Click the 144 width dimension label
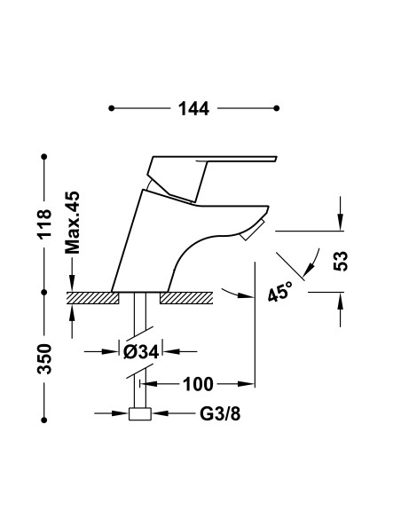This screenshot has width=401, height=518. tap(193, 108)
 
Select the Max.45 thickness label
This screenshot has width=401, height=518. tap(73, 221)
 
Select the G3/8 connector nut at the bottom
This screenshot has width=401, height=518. tap(139, 413)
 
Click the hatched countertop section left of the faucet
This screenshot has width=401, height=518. tap(93, 298)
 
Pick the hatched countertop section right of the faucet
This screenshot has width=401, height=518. tap(187, 298)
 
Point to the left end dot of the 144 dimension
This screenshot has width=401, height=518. tap(110, 108)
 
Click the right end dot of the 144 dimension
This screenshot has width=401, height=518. tap(279, 108)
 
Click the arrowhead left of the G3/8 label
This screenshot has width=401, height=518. tap(122, 413)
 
